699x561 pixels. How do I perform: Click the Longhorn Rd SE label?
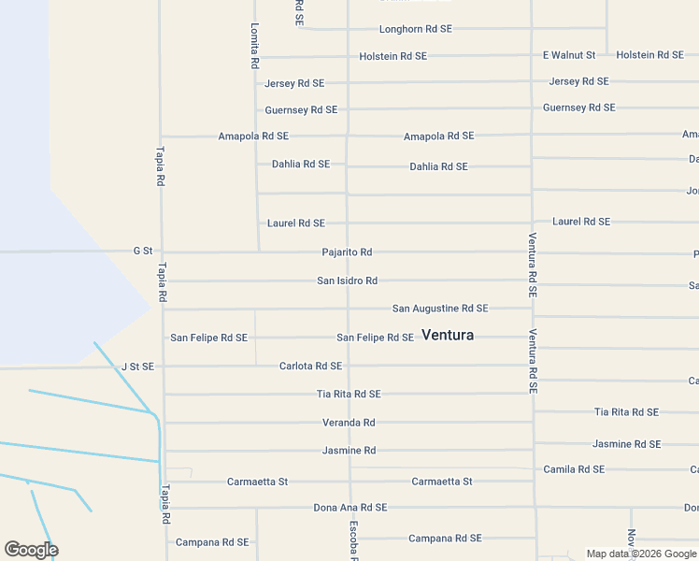[415, 29]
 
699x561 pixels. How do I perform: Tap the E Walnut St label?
[569, 55]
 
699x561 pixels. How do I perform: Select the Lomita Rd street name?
[254, 47]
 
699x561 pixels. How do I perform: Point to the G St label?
[142, 251]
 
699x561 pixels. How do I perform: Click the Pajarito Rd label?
[347, 252]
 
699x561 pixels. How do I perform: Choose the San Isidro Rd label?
[347, 280]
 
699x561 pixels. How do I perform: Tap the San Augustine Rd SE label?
[439, 309]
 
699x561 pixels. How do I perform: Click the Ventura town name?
[448, 335]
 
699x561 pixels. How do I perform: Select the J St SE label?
[137, 367]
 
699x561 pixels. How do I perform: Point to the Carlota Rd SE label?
[310, 367]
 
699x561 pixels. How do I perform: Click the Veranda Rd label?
[349, 423]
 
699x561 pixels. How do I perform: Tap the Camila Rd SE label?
[574, 469]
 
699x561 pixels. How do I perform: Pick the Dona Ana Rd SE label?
[349, 508]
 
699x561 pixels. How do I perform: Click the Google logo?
[31, 550]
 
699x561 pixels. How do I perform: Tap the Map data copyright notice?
[641, 554]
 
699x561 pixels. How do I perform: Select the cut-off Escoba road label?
[354, 541]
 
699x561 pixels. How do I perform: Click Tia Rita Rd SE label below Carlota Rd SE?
[349, 395]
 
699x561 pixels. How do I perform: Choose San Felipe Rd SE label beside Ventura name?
[375, 338]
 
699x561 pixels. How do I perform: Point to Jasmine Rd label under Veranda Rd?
[349, 451]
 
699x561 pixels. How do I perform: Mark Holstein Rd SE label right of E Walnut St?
[649, 55]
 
